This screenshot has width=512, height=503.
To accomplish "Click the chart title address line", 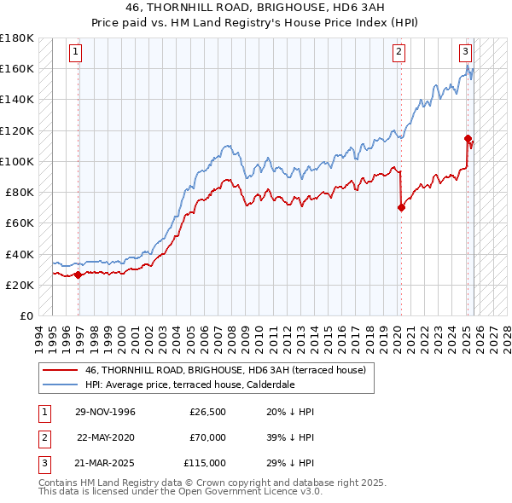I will click(x=255, y=9).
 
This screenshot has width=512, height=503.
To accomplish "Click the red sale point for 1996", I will click(x=79, y=275).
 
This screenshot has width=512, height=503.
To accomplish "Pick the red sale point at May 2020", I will click(x=401, y=206).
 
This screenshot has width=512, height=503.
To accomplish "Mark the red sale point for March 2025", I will click(x=468, y=138).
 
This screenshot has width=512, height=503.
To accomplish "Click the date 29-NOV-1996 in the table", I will click(x=105, y=412).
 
